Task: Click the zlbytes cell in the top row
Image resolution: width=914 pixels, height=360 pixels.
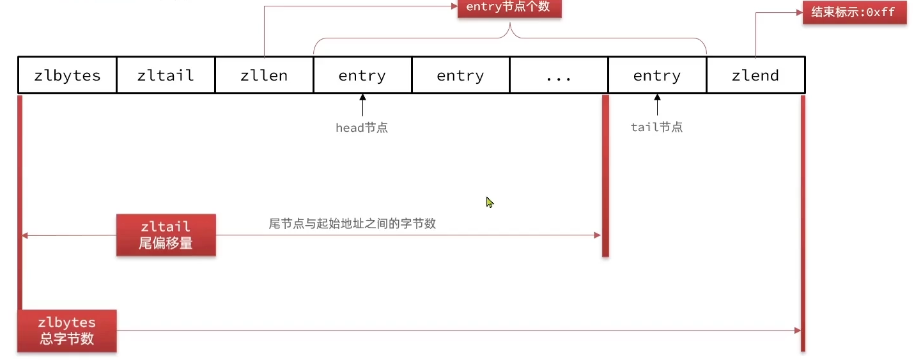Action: [x=67, y=75]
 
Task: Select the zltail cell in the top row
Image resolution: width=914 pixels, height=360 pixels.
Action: [x=166, y=75]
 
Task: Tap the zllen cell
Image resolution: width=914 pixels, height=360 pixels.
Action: [x=264, y=75]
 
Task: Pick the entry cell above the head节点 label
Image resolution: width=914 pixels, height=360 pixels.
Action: [x=362, y=75]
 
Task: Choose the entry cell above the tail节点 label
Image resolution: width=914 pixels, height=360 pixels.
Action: [x=657, y=75]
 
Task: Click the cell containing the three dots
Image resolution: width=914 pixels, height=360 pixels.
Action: [x=559, y=75]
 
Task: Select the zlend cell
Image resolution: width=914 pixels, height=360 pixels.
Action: [x=755, y=75]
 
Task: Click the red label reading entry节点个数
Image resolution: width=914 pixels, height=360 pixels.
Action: [x=509, y=8]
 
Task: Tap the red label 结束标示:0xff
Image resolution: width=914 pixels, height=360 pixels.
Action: [x=855, y=13]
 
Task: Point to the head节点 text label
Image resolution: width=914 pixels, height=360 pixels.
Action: [x=362, y=127]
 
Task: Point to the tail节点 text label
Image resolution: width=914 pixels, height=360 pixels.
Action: [x=656, y=127]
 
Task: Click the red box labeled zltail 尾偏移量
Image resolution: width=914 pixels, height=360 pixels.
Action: [x=166, y=235]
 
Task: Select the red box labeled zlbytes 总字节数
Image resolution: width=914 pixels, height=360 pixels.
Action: [x=67, y=331]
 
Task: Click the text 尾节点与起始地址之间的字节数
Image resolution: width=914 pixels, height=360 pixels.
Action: [x=352, y=224]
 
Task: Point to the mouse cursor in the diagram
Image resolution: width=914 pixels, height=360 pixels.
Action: [x=489, y=202]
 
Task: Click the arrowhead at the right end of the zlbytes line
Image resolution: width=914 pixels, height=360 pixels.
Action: [x=797, y=331]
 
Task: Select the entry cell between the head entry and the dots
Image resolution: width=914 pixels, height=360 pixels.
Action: [x=460, y=75]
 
